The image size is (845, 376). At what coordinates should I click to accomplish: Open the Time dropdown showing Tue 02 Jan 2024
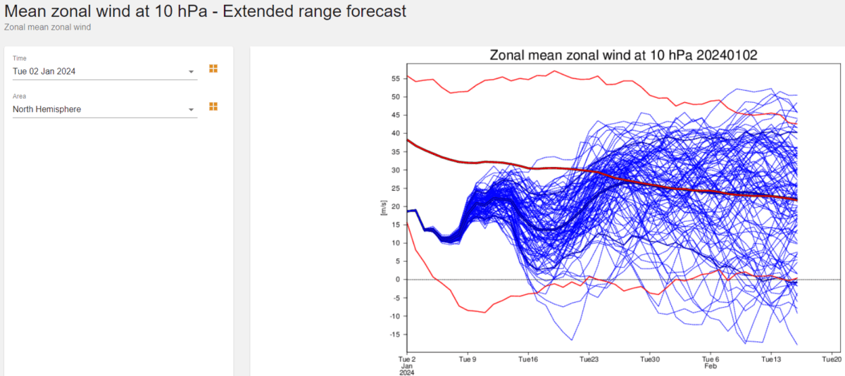[x=104, y=71]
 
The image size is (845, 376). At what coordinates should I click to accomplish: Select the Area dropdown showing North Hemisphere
[x=104, y=109]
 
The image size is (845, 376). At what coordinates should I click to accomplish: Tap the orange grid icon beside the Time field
[x=213, y=68]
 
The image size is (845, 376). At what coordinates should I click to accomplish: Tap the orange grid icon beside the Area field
[x=213, y=106]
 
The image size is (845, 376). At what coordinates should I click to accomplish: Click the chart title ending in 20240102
[x=623, y=56]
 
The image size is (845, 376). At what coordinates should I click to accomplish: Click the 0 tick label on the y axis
[x=397, y=280]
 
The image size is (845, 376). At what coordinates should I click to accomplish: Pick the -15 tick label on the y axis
[x=394, y=334]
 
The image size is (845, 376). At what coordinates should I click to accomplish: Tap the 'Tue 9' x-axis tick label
[x=468, y=358]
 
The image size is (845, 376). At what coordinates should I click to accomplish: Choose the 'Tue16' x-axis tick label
[x=528, y=358]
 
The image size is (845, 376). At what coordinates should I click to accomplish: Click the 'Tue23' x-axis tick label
[x=589, y=358]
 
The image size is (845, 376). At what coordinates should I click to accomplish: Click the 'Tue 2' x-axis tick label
[x=408, y=358]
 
